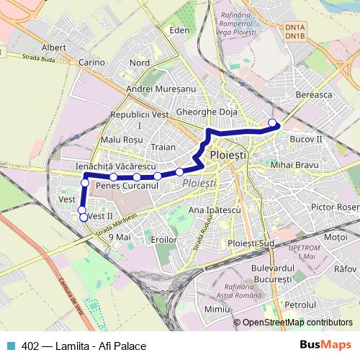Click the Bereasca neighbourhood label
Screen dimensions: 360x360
click(312, 94)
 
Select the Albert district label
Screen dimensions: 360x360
click(54, 48)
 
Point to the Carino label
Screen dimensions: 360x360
click(91, 63)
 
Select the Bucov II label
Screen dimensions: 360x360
click(305, 137)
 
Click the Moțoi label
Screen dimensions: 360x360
click(336, 236)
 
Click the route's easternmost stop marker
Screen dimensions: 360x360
click(273, 122)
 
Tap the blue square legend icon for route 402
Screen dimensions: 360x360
click(10, 346)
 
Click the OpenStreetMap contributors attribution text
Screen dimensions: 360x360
click(297, 323)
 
